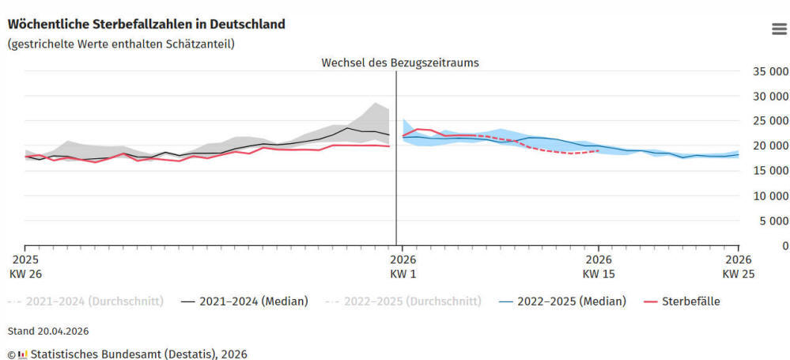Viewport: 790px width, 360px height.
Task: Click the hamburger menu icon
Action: [779, 29]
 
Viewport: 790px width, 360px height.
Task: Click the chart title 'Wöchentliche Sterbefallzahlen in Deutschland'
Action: [146, 25]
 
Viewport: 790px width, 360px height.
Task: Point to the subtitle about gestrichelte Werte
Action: [121, 44]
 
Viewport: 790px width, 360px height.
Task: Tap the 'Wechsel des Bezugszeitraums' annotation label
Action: [400, 63]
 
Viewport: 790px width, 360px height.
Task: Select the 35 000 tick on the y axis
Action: [770, 71]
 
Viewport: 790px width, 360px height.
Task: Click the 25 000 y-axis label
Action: [770, 121]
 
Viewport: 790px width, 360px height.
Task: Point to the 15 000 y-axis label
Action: [770, 171]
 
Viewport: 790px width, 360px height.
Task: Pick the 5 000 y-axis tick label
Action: [773, 220]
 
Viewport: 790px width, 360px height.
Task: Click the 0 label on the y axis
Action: [784, 245]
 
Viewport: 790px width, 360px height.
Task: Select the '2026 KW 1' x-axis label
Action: [403, 267]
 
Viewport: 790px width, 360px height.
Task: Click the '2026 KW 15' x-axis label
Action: [599, 267]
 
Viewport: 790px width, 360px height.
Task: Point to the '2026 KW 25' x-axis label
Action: [739, 267]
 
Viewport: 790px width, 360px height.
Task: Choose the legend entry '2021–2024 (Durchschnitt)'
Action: [85, 301]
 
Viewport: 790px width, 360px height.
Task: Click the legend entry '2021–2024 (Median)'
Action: [244, 301]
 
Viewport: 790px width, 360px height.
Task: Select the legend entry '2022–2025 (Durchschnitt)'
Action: [403, 301]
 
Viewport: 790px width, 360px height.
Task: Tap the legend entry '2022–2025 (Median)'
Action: [562, 301]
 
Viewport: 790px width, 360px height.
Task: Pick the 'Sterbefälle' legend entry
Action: [682, 301]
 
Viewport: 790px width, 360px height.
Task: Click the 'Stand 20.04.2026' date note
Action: [48, 332]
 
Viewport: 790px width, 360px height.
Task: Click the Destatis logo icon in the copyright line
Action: [22, 354]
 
